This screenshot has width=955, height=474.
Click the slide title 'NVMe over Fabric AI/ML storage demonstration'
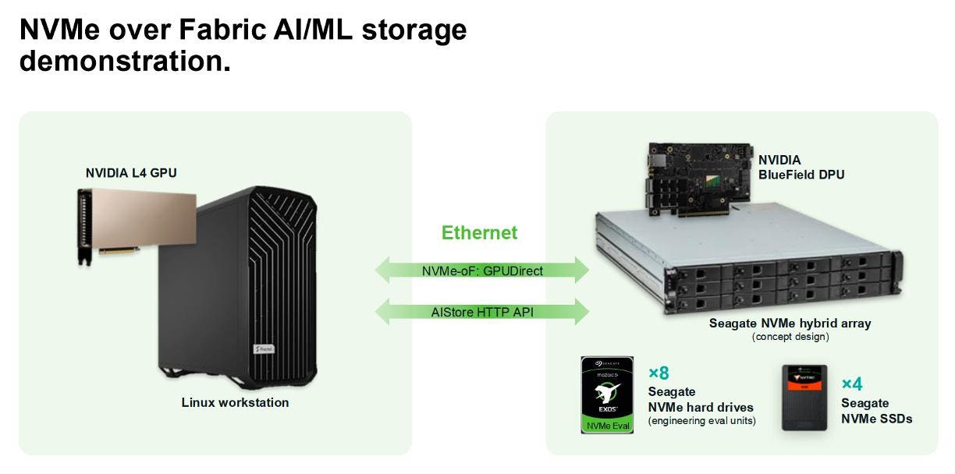[x=242, y=44]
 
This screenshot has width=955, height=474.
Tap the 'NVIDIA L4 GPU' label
[x=131, y=173]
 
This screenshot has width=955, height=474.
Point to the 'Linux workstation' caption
[x=235, y=403]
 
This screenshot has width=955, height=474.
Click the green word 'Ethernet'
[x=479, y=232]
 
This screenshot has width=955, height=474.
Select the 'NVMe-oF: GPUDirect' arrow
[x=482, y=271]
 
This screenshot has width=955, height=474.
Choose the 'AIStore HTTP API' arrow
[x=482, y=312]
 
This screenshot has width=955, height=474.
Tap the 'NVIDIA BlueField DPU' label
[x=801, y=168]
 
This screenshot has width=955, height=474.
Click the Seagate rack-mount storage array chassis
[x=745, y=261]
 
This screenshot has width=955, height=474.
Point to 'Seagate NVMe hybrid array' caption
[x=790, y=323]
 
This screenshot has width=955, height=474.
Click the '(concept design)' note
[x=790, y=337]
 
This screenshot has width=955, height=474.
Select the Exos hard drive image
[x=606, y=394]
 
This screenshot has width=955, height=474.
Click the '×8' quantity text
[x=659, y=373]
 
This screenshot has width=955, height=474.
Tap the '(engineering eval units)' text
[x=701, y=422]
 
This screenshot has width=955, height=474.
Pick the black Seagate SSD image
[x=804, y=398]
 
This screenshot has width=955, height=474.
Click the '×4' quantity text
[x=852, y=384]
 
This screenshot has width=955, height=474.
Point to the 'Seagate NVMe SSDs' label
[x=876, y=411]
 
